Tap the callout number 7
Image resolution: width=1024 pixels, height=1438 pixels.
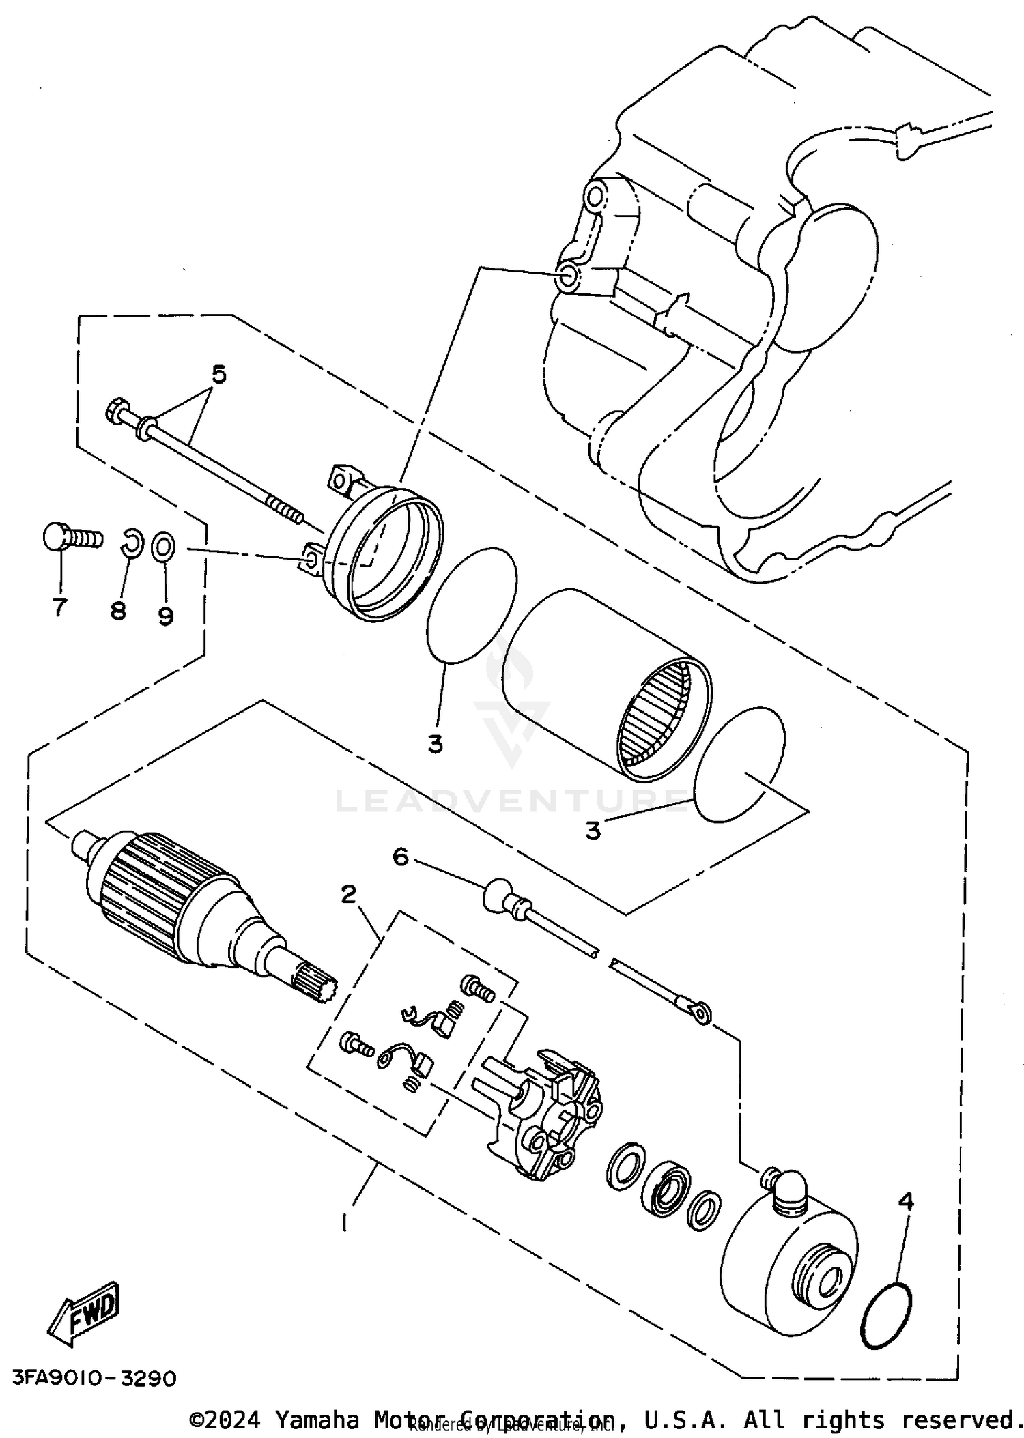[x=60, y=606]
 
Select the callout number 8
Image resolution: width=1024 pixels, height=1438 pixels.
[x=118, y=610]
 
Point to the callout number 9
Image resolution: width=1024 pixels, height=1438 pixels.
[x=166, y=616]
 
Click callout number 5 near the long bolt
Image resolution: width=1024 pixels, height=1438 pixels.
[x=218, y=374]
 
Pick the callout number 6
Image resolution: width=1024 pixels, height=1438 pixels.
[x=400, y=856]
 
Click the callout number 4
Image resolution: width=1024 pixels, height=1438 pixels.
[x=906, y=1200]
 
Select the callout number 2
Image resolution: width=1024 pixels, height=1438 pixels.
[x=349, y=893]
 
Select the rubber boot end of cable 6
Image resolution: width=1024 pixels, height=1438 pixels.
[x=498, y=894]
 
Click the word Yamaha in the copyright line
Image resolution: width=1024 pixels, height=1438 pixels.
[x=316, y=1420]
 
